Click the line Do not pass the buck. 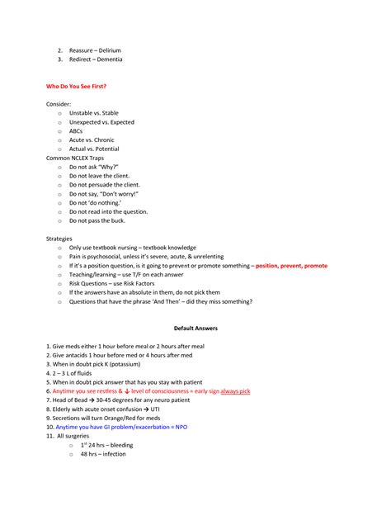coord(102,220)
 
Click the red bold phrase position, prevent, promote coord(291,266)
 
